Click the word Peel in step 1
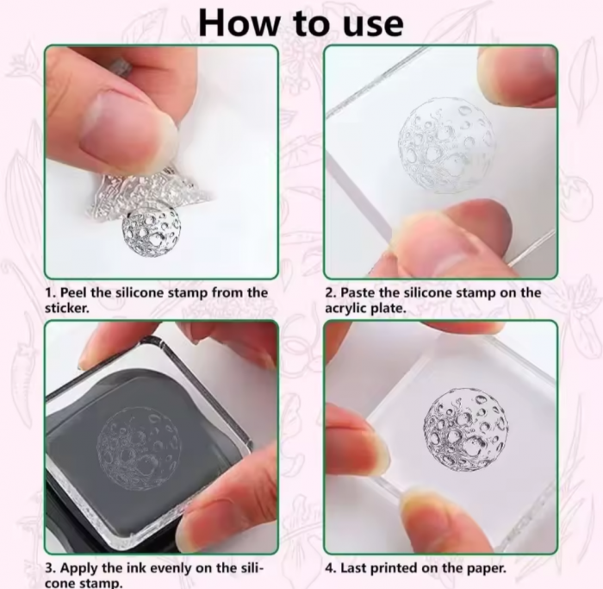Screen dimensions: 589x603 [x=74, y=293]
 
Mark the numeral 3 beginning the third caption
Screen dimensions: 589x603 [x=49, y=568]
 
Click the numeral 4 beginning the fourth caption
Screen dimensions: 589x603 [x=330, y=568]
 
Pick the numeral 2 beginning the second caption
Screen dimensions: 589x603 [x=330, y=293]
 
